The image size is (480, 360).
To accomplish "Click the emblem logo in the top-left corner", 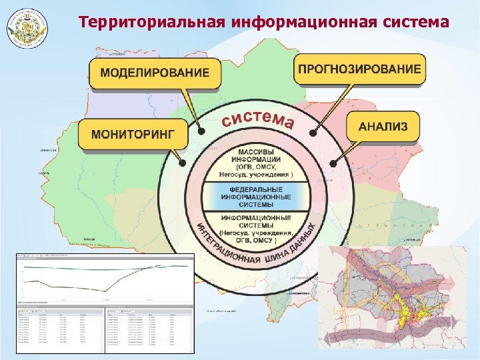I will [x=28, y=27].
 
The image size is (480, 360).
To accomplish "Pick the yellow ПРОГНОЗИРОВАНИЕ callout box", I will [x=359, y=69].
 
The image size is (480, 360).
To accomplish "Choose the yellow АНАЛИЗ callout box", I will [x=383, y=127].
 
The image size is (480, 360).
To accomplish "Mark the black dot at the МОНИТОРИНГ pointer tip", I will [x=182, y=161].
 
